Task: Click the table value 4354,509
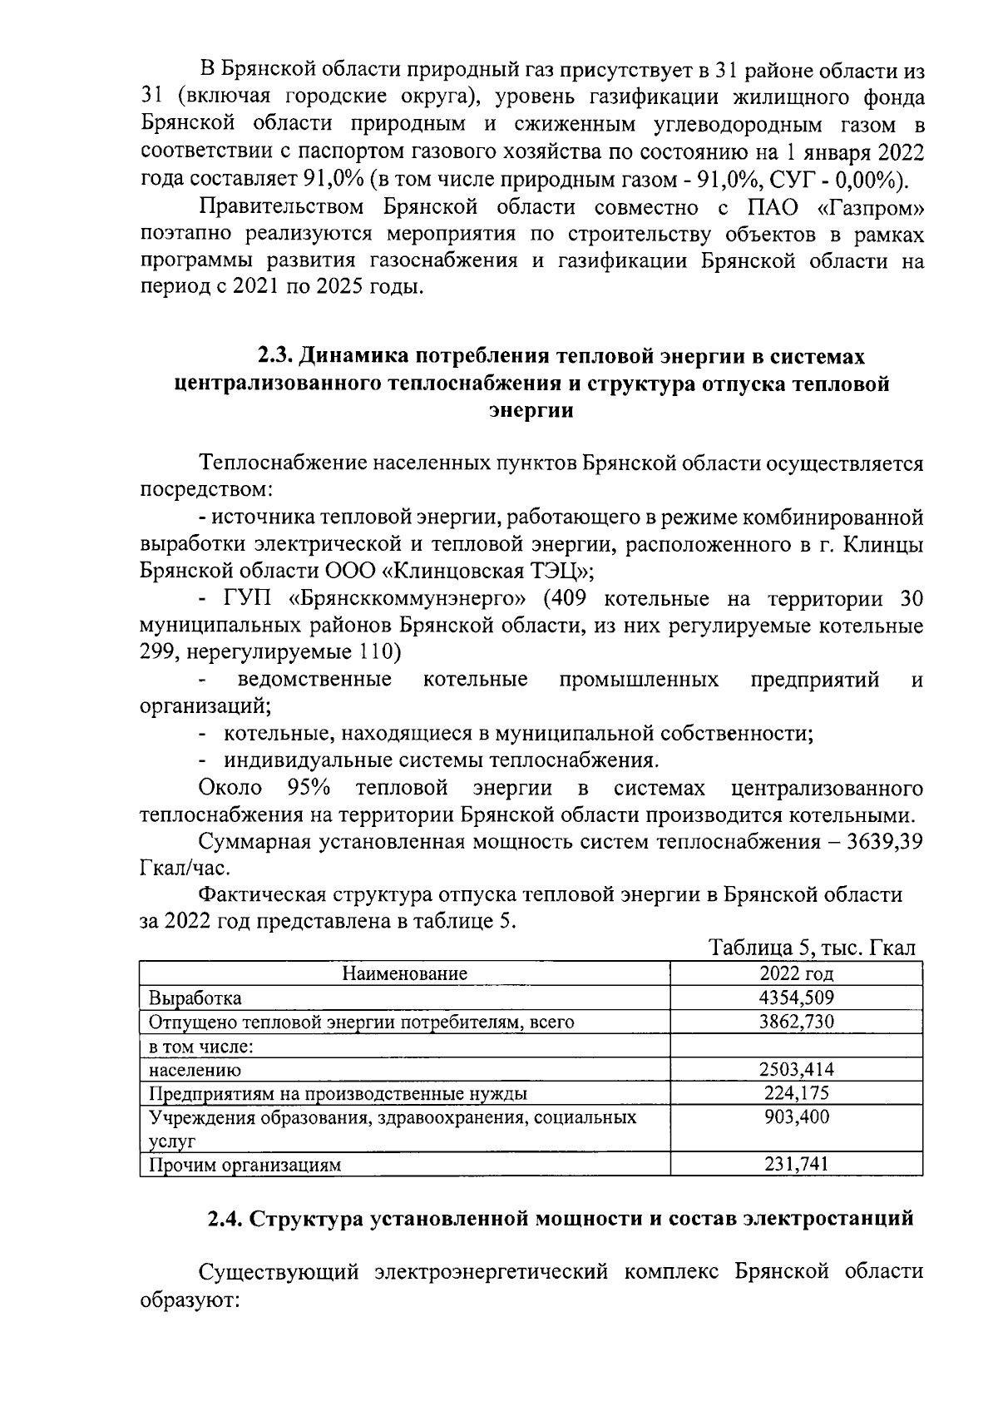[796, 998]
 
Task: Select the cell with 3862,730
[796, 1022]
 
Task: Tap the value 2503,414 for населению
[796, 1070]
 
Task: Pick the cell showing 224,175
[796, 1093]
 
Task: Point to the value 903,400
[796, 1117]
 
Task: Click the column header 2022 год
[796, 973]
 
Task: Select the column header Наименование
[405, 973]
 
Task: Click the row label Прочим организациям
[245, 1165]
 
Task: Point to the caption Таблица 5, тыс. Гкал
[812, 948]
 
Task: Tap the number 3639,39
[884, 842]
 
